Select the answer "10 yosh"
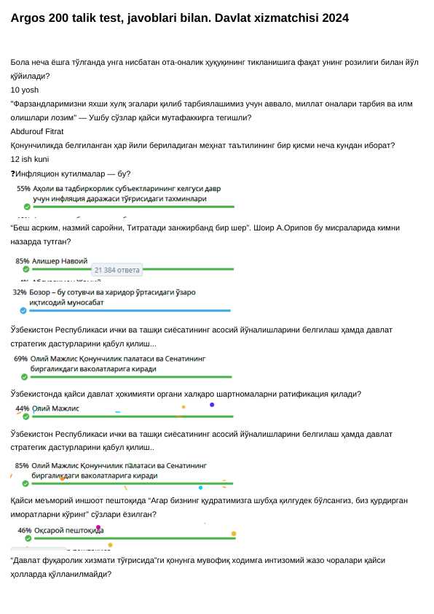tap(25, 90)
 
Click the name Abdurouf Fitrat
tap(37, 131)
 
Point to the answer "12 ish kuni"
tap(30, 159)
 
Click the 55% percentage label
tap(23, 188)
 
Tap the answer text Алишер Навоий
tap(60, 260)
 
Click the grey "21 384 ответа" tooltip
tap(117, 270)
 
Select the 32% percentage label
tap(20, 292)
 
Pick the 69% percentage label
tap(21, 359)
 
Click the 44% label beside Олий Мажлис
tap(23, 408)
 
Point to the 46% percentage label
tap(25, 530)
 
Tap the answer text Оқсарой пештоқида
tap(69, 530)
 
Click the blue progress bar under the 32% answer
tap(131, 310)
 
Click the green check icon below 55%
tap(27, 206)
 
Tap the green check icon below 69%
tap(24, 377)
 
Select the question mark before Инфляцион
tap(13, 174)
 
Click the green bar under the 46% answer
tap(131, 538)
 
